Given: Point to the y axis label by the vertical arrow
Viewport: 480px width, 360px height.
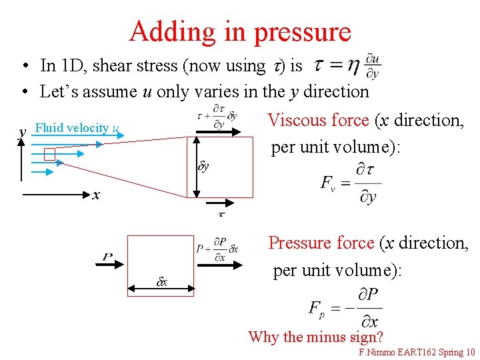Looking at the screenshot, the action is (23, 132).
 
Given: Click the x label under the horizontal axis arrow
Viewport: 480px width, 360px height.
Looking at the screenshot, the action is (97, 195).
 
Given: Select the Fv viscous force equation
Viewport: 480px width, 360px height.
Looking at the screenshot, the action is (351, 182).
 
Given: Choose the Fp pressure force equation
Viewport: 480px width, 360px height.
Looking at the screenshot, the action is (345, 307).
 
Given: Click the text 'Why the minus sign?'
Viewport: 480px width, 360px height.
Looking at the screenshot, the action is (315, 337).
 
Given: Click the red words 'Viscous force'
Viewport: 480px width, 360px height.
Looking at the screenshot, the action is (318, 121).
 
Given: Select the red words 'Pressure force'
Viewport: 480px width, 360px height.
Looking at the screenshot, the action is (321, 243).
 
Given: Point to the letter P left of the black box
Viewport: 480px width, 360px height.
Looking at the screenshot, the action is (108, 257).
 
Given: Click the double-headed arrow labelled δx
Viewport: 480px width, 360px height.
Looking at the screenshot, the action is (160, 289).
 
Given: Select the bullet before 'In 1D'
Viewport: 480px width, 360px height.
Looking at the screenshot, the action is (23, 66).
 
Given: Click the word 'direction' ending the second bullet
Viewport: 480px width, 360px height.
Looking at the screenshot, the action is (337, 91).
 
